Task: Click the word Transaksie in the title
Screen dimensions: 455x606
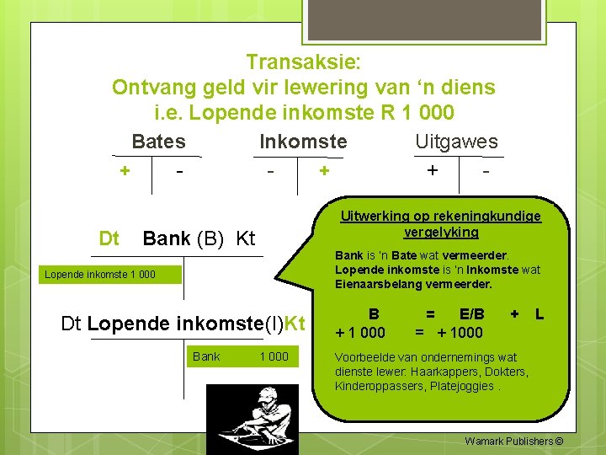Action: point(303,62)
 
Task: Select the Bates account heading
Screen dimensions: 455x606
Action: point(158,142)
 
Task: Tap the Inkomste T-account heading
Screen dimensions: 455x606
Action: point(303,142)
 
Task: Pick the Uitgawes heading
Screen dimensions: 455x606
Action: point(456,142)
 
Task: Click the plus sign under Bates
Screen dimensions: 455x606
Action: point(125,171)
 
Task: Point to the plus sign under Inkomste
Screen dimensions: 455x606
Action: point(323,171)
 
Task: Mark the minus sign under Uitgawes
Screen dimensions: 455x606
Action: point(485,171)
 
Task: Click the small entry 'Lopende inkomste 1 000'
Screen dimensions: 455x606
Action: point(100,275)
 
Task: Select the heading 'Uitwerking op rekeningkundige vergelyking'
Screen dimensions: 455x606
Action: point(440,224)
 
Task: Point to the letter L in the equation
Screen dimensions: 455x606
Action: point(540,314)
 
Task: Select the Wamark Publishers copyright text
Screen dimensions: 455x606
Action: point(513,441)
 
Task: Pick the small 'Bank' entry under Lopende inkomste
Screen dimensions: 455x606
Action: point(206,356)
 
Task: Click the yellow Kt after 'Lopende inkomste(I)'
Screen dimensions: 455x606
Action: point(294,324)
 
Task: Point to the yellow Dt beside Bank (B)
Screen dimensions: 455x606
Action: point(109,238)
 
